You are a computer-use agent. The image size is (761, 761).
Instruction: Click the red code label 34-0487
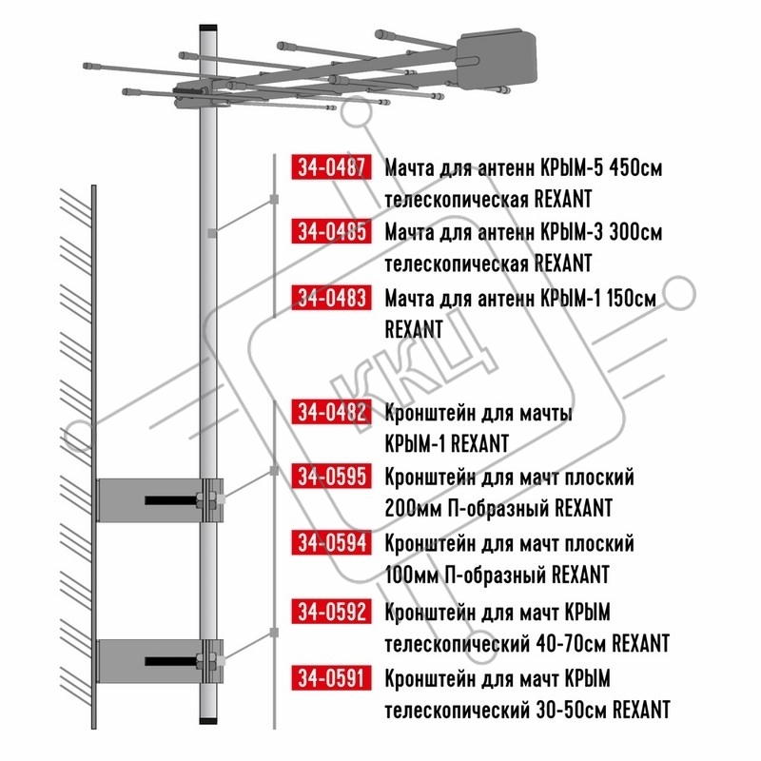(331, 167)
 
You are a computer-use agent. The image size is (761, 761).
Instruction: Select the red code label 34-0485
(331, 231)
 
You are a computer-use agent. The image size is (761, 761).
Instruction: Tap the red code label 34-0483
(331, 298)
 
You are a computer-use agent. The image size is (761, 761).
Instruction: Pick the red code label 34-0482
(331, 412)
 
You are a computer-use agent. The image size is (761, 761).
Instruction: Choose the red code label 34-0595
(331, 477)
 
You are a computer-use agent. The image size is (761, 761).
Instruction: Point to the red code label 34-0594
(331, 542)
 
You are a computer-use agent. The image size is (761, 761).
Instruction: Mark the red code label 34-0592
(331, 611)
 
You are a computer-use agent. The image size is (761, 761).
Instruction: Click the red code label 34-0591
(331, 677)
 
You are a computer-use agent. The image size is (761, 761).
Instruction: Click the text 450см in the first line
(635, 168)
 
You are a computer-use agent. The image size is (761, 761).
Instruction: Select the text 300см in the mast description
(635, 232)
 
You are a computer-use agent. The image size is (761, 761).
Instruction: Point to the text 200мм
(413, 509)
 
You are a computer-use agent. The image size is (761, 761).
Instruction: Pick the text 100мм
(412, 576)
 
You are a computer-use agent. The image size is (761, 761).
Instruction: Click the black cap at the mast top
(208, 29)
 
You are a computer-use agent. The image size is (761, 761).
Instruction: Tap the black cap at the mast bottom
(208, 720)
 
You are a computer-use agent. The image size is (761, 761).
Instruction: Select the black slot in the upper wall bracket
(170, 500)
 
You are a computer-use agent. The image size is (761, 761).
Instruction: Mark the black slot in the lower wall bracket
(170, 661)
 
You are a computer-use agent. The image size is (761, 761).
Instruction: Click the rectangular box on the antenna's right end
(497, 61)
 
